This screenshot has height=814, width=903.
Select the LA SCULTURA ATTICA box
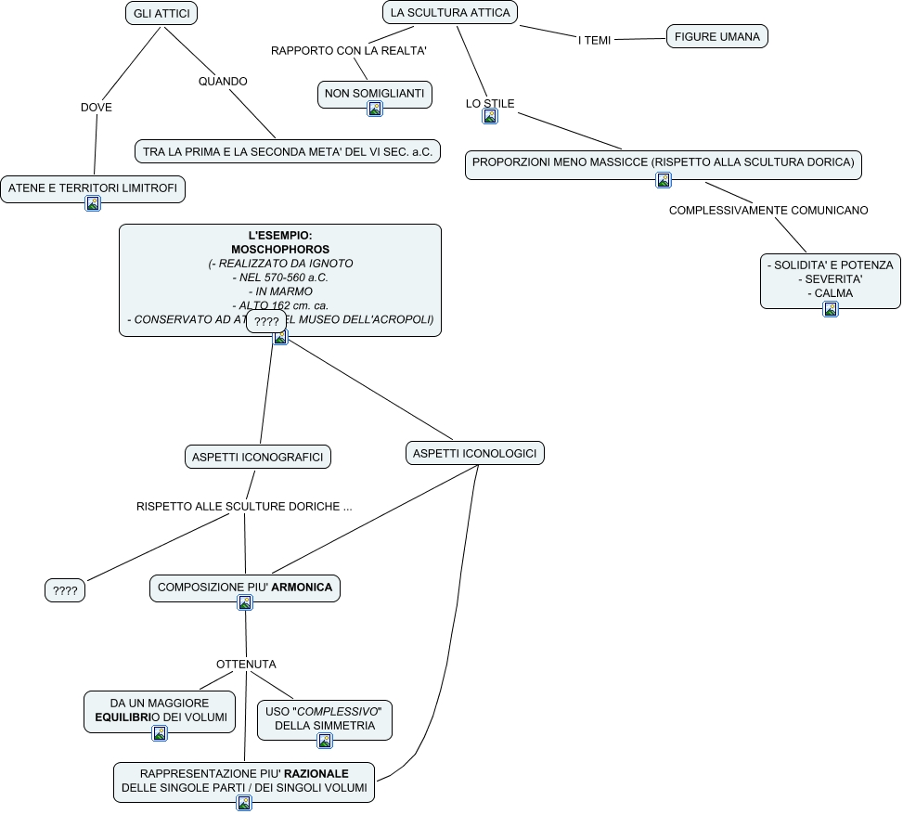(x=450, y=13)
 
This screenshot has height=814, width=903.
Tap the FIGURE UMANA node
(x=716, y=37)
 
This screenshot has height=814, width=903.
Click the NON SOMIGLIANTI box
(x=374, y=93)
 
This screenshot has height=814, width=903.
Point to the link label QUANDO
(x=223, y=82)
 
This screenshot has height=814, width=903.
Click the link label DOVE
(x=97, y=108)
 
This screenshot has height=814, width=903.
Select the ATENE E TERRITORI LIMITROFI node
(x=92, y=188)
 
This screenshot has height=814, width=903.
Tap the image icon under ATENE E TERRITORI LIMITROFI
(x=93, y=204)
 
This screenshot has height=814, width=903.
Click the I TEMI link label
(x=594, y=41)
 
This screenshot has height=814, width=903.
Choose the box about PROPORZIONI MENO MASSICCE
(x=663, y=162)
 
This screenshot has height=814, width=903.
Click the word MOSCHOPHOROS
(x=280, y=250)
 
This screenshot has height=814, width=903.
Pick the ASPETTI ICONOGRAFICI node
(x=257, y=457)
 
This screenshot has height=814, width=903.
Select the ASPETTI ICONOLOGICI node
(x=474, y=453)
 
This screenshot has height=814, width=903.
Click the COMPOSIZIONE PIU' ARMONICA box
(x=245, y=588)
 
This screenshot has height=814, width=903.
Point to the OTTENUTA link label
(x=246, y=665)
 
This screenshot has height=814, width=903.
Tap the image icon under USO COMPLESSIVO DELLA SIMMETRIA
(x=325, y=741)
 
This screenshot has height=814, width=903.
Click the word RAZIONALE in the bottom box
(x=316, y=773)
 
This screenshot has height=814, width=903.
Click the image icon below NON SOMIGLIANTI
(x=375, y=109)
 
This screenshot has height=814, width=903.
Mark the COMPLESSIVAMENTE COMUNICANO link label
(x=768, y=211)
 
